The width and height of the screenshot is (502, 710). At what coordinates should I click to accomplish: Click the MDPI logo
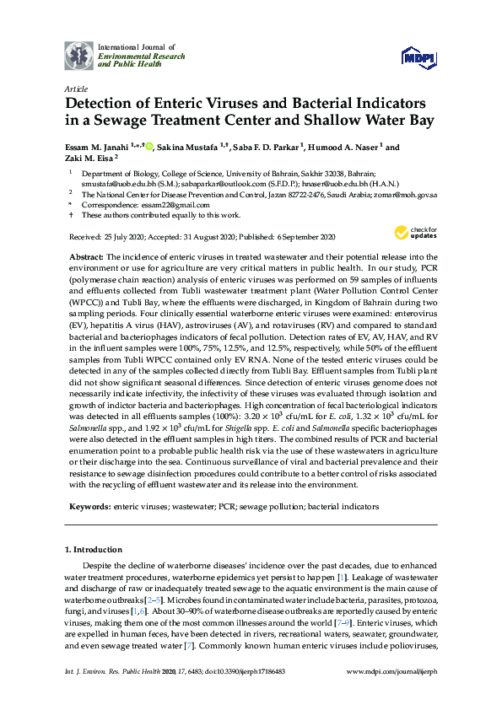(418, 56)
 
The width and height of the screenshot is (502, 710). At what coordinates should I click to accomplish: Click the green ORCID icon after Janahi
(149, 147)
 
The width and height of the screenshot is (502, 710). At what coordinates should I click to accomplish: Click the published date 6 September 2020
(305, 237)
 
